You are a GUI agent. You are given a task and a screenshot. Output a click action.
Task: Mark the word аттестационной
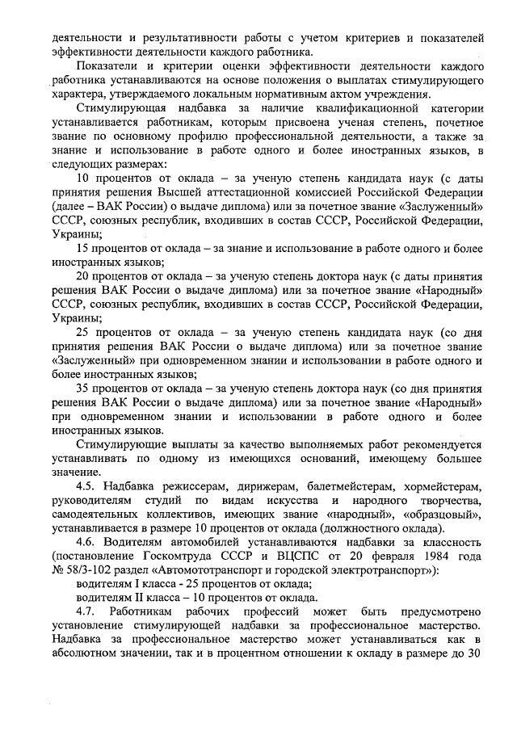[267, 192]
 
